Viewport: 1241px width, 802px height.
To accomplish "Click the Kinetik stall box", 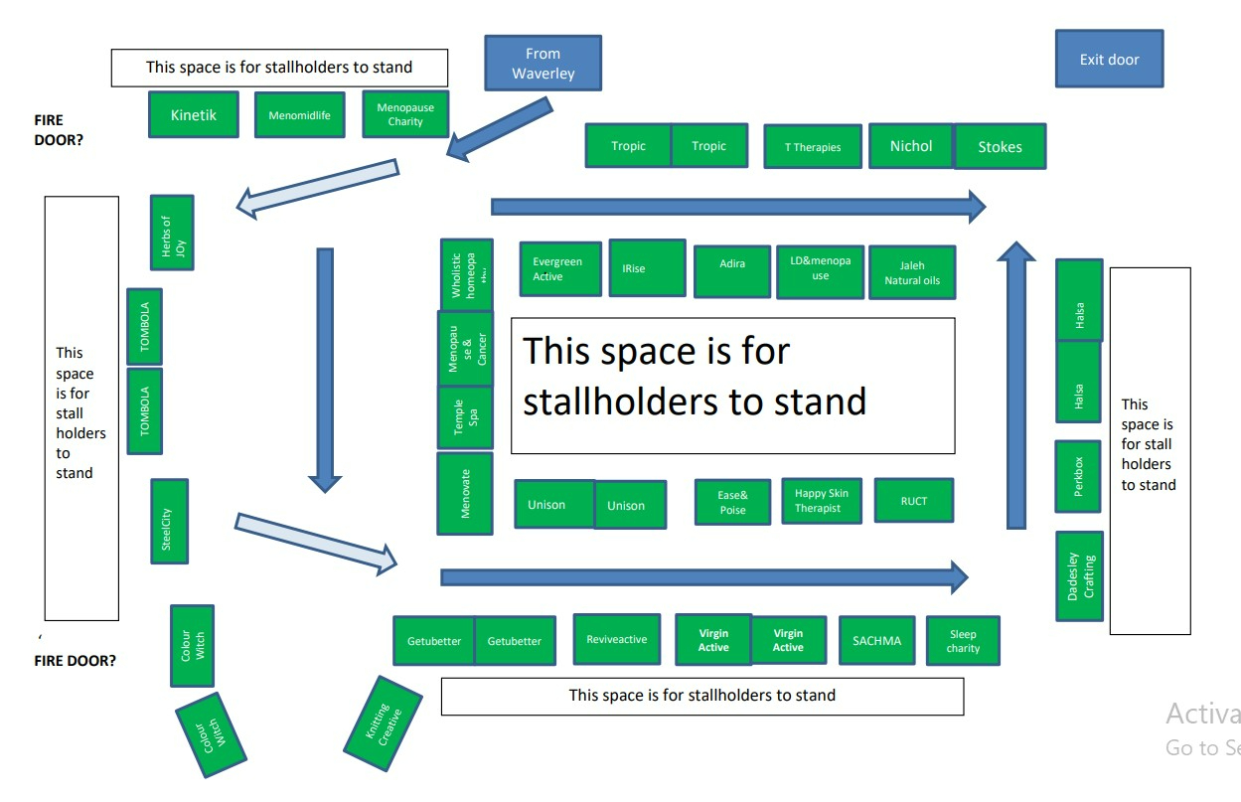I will click(193, 114).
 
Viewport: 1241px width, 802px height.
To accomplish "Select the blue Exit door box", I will click(1109, 60).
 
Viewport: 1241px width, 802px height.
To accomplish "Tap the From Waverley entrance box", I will click(543, 64).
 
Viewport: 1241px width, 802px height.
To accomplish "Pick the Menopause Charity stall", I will click(405, 114).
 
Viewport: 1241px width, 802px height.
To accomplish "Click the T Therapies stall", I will click(812, 147).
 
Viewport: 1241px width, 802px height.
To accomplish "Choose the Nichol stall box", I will click(910, 146).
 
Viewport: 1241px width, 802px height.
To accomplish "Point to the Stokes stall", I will click(999, 147).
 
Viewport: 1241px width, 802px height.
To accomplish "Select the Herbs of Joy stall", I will click(172, 233).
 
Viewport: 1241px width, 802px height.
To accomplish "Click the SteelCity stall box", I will click(169, 522).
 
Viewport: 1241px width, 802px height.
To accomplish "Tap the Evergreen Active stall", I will click(560, 269).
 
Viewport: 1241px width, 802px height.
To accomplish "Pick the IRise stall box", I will click(647, 268).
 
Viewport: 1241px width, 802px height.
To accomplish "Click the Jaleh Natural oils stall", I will click(911, 273).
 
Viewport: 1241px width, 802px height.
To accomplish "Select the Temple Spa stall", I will click(465, 417).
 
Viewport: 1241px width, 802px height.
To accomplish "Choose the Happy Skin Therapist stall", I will click(821, 501).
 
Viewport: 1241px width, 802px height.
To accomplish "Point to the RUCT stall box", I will click(913, 501).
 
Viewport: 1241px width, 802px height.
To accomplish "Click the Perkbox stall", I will click(1078, 477).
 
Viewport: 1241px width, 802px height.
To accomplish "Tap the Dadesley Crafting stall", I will click(1080, 576).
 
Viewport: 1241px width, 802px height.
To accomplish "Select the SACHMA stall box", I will click(876, 641).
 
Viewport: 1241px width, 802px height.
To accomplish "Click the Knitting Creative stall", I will click(383, 724).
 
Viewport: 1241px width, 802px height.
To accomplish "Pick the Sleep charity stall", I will click(962, 641).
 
